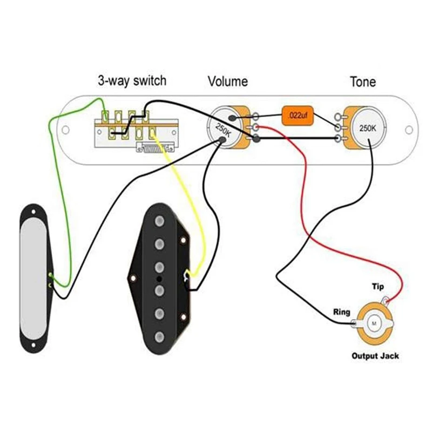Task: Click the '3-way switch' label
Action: (x=132, y=81)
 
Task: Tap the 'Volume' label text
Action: (x=228, y=82)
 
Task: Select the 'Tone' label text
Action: (x=363, y=82)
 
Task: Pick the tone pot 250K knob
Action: (x=368, y=129)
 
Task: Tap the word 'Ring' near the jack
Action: (x=341, y=312)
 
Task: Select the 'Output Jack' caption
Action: (x=375, y=356)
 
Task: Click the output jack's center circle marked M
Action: (x=374, y=322)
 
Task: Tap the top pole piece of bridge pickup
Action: (x=159, y=222)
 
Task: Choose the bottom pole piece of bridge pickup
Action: (x=159, y=338)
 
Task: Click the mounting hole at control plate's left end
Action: (x=65, y=130)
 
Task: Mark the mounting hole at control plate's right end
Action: (x=409, y=129)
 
